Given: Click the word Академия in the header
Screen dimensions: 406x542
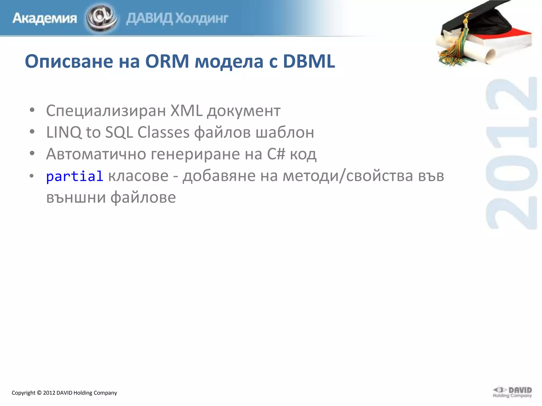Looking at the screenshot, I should click(45, 19).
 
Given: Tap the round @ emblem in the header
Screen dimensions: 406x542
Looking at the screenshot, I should click(102, 18).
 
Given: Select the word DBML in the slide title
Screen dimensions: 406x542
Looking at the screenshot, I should click(309, 61).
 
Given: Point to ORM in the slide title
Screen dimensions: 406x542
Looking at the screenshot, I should click(167, 61).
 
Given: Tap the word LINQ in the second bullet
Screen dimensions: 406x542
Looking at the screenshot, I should click(64, 132).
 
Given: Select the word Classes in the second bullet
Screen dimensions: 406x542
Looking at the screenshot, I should click(164, 132).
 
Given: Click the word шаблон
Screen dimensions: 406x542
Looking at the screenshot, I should click(285, 132).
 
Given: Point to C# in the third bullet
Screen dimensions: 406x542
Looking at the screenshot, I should click(276, 154).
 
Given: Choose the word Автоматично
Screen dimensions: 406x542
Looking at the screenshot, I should click(96, 154).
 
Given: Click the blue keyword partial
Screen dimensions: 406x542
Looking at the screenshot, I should click(75, 176).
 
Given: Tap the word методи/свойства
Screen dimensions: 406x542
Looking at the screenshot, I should click(348, 176).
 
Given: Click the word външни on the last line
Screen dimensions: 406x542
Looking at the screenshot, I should click(76, 198).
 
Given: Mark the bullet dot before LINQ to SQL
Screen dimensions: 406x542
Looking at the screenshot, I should click(32, 132).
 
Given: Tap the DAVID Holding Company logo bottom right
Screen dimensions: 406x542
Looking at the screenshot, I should click(512, 392).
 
